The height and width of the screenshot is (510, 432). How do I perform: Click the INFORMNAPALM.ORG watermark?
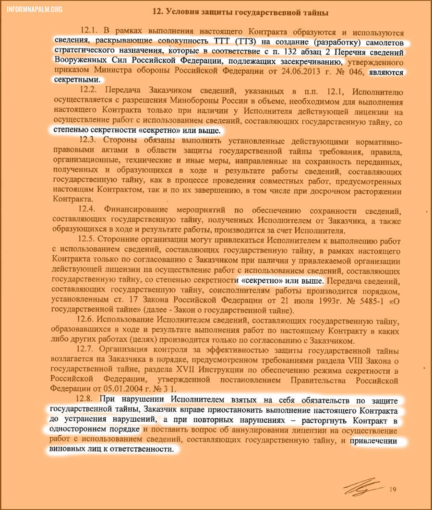pos(33,9)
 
